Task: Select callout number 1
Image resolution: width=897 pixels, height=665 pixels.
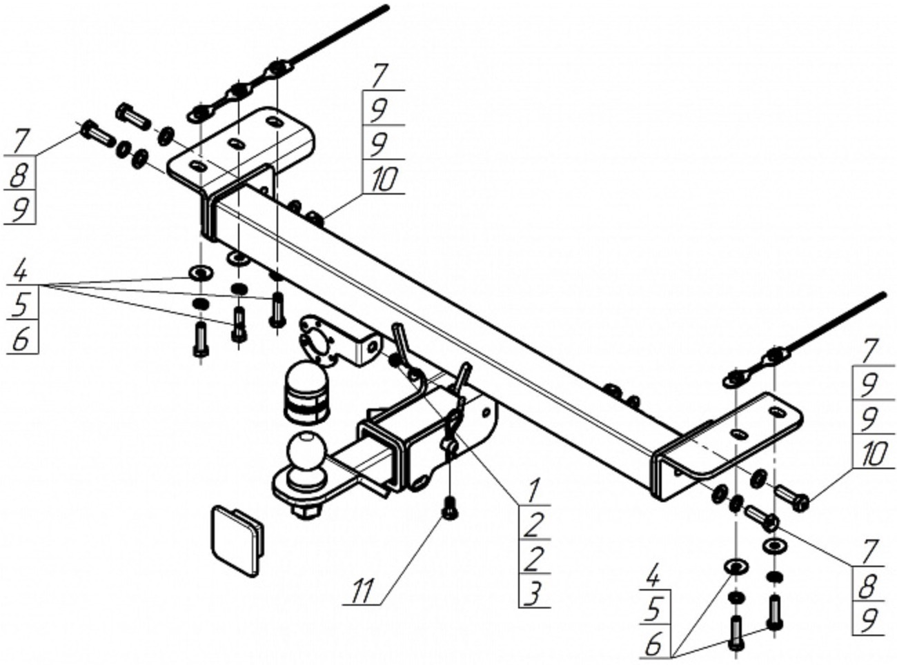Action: pos(533,493)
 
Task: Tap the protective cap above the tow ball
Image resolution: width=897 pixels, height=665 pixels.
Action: pos(306,393)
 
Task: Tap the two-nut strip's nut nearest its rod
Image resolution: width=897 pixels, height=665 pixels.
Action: pos(776,357)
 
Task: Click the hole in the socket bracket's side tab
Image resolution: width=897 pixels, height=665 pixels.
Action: pos(373,346)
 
